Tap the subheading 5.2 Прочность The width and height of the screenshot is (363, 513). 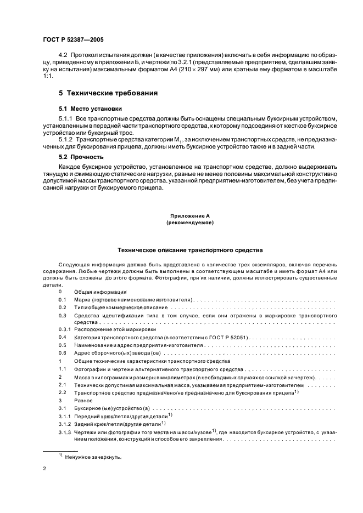(82, 156)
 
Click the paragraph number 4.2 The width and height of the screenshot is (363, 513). (62, 56)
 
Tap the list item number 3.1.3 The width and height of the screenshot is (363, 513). (65, 433)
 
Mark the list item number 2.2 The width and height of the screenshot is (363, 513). (62, 394)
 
